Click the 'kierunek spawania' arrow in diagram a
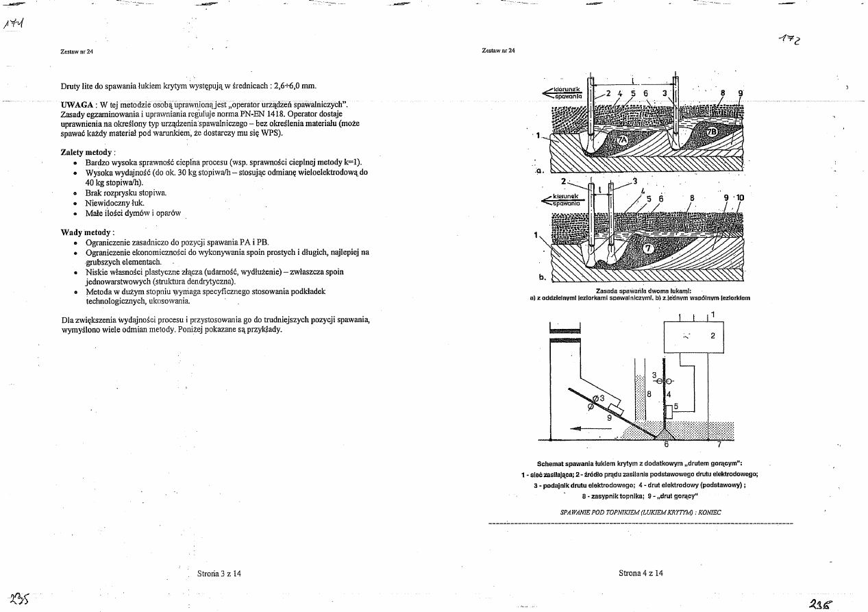562,94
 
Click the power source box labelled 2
694,336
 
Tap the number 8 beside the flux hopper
648,394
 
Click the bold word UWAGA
77,103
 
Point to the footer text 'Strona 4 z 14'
641,573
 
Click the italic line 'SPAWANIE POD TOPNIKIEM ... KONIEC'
641,512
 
